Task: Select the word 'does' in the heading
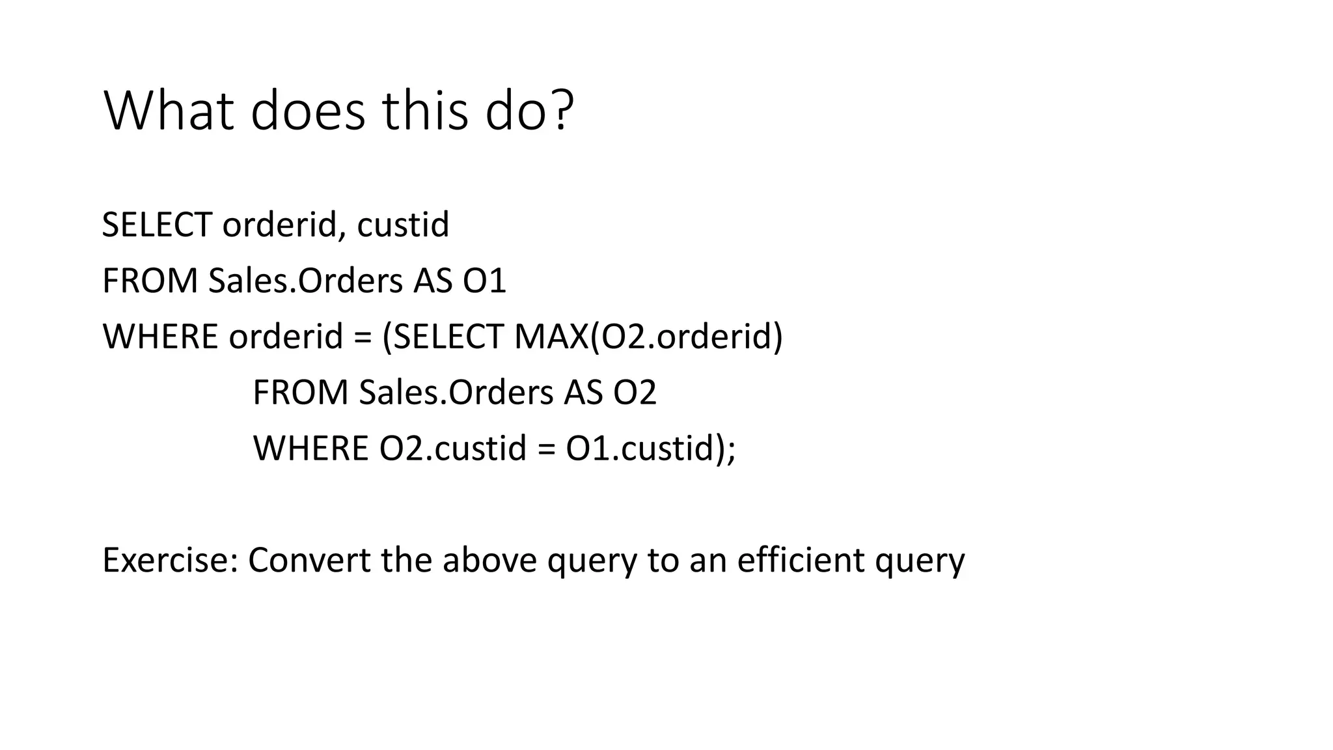308,111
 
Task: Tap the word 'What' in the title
168,111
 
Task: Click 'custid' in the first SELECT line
403,225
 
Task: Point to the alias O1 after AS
484,281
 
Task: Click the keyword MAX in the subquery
551,337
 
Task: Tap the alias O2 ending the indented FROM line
635,393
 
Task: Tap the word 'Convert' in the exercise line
309,561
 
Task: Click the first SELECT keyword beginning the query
157,225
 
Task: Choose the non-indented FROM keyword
150,281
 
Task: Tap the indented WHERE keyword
310,449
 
